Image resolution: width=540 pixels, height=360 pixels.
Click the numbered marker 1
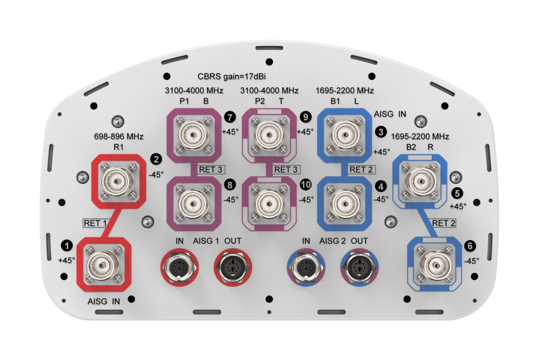pyautogui.click(x=67, y=245)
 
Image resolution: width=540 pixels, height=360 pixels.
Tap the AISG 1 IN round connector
pyautogui.click(x=178, y=265)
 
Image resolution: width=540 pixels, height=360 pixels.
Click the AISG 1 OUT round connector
pyautogui.click(x=233, y=265)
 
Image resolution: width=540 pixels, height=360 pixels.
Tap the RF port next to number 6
pyautogui.click(x=434, y=263)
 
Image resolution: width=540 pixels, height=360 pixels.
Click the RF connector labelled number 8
pyautogui.click(x=192, y=202)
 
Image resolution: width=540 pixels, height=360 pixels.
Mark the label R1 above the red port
pyautogui.click(x=119, y=147)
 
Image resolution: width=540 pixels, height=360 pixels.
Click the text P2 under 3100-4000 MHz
pyautogui.click(x=259, y=101)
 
